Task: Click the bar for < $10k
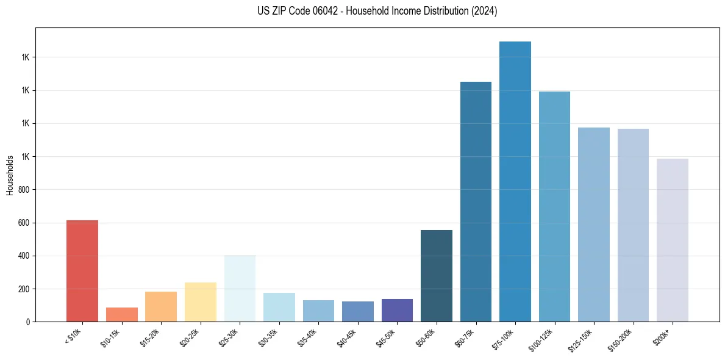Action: (82, 271)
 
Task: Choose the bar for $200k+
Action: (673, 240)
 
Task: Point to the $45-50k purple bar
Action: (397, 310)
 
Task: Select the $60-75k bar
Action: (476, 202)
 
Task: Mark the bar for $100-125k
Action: (554, 207)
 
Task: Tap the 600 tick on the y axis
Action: (24, 223)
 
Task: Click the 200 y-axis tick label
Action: (24, 289)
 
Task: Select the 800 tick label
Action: (24, 190)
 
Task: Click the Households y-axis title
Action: (10, 175)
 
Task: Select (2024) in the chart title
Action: (484, 11)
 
